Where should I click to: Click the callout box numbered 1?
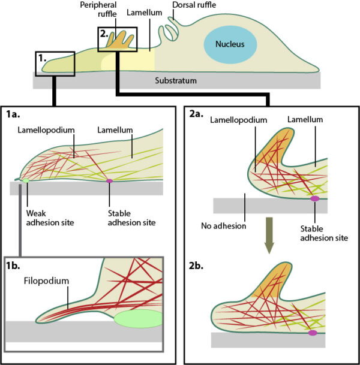tap(55, 63)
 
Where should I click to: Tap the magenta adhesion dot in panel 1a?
tap(109, 180)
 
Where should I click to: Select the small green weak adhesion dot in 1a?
tap(25, 180)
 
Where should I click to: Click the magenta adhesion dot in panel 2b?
tap(312, 333)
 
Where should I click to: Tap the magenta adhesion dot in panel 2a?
tap(315, 198)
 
